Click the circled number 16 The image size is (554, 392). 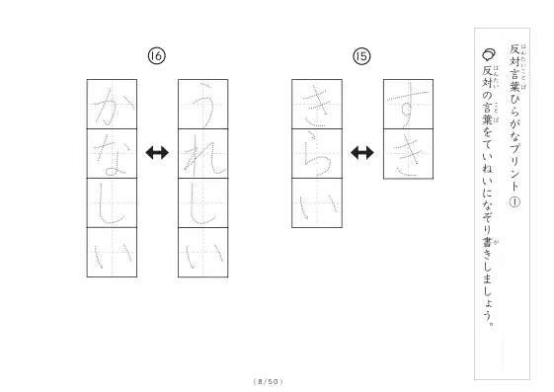(156, 56)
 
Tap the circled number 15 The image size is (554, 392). (361, 56)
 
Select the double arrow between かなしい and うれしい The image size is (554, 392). (157, 153)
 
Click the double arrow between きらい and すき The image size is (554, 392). (362, 153)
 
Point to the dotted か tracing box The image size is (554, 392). (112, 105)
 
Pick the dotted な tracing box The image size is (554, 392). (112, 154)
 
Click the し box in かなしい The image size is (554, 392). (112, 203)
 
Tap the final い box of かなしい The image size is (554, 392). (112, 253)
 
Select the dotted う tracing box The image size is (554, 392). (203, 105)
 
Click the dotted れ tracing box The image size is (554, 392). (203, 154)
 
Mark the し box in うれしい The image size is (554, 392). (203, 203)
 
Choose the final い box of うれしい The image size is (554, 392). (203, 253)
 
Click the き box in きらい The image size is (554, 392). (317, 105)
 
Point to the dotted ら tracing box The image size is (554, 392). (317, 154)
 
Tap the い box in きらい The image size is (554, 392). (317, 203)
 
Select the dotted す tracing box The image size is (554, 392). (409, 105)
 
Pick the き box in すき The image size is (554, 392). (409, 154)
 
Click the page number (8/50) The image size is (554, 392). (269, 381)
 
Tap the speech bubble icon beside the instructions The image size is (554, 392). (489, 54)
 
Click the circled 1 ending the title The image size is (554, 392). (514, 202)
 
